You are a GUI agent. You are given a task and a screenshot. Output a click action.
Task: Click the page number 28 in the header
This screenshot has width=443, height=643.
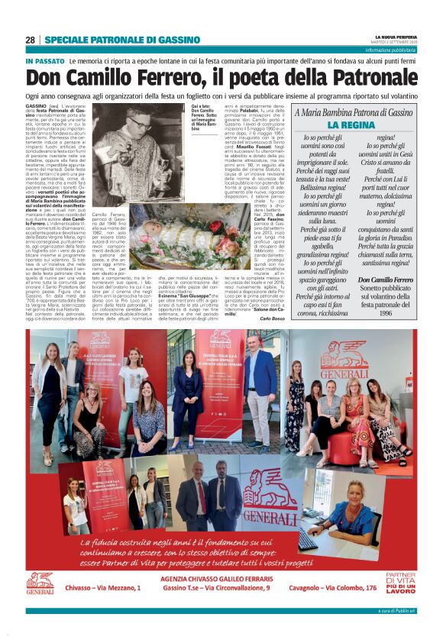31,40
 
